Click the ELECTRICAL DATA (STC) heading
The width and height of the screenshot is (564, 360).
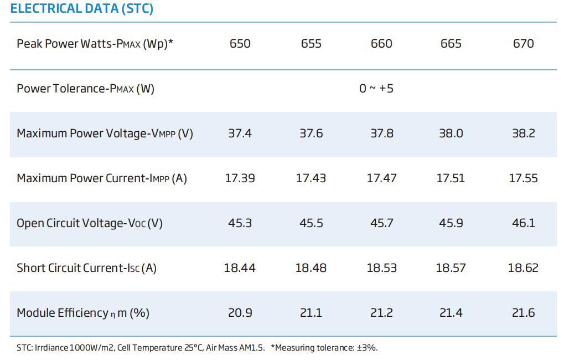pyautogui.click(x=82, y=9)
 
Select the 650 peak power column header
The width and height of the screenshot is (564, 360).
pyautogui.click(x=240, y=44)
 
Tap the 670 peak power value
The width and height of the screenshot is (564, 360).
pyautogui.click(x=523, y=44)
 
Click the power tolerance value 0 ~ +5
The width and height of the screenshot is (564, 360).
pyautogui.click(x=376, y=89)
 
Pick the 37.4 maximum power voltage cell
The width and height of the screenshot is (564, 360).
pyautogui.click(x=240, y=133)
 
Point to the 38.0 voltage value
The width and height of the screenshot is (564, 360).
pyautogui.click(x=451, y=133)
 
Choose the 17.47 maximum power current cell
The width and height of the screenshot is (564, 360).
pyautogui.click(x=381, y=178)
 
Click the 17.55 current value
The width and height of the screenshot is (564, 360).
pyautogui.click(x=523, y=178)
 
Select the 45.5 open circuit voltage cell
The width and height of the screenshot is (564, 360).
pyautogui.click(x=311, y=223)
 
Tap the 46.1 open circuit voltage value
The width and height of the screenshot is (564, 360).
pyautogui.click(x=523, y=223)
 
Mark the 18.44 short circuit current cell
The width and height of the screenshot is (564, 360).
pyautogui.click(x=240, y=268)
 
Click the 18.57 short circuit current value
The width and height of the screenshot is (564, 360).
pyautogui.click(x=451, y=268)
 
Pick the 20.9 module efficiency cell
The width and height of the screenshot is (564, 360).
pyautogui.click(x=240, y=313)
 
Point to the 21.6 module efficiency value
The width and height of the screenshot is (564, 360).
pyautogui.click(x=523, y=313)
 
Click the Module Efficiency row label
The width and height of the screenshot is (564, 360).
pyautogui.click(x=83, y=313)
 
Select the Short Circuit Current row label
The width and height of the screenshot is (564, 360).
pyautogui.click(x=86, y=268)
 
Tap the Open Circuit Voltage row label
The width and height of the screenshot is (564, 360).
pyautogui.click(x=90, y=223)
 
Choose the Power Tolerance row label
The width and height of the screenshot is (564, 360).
pyautogui.click(x=85, y=89)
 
